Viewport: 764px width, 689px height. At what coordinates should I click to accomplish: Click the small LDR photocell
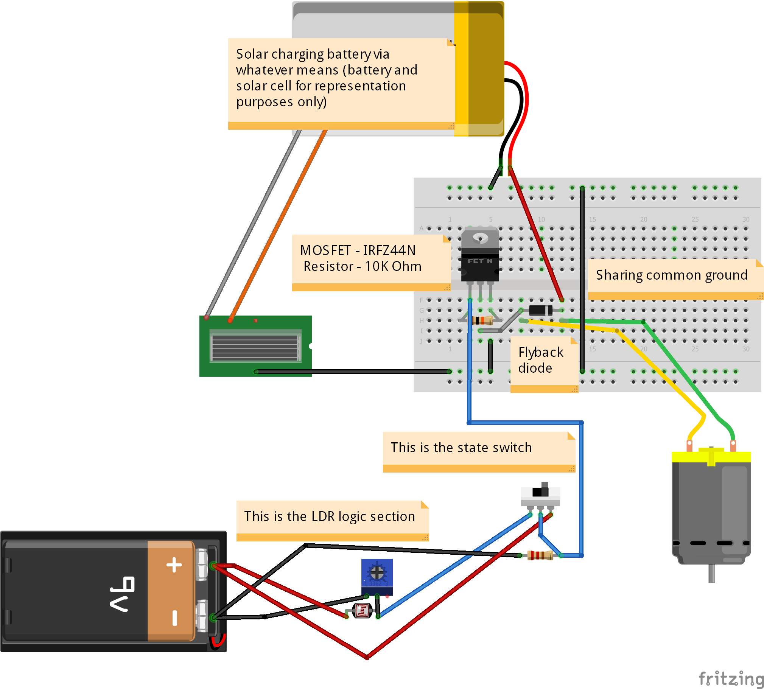click(362, 610)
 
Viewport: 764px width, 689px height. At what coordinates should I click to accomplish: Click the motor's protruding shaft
click(711, 573)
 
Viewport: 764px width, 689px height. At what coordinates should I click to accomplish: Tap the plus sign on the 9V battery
click(174, 565)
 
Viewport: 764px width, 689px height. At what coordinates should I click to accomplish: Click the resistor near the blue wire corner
click(540, 555)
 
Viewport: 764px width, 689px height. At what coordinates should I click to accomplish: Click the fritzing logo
click(730, 678)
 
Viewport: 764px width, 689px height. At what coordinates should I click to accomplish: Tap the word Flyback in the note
click(541, 352)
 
